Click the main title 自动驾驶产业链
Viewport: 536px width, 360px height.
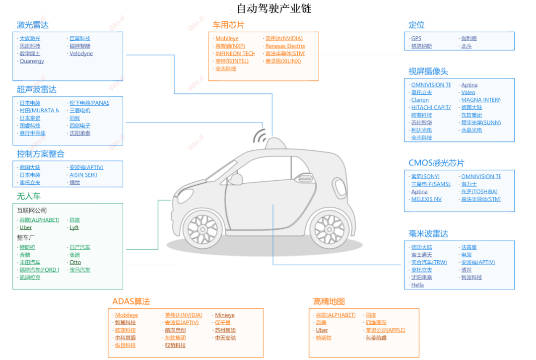pyautogui.click(x=274, y=8)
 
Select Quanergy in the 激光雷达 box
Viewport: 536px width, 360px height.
pyautogui.click(x=32, y=61)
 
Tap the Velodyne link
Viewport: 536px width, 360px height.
pyautogui.click(x=81, y=54)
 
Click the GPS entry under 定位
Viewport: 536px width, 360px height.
pyautogui.click(x=416, y=38)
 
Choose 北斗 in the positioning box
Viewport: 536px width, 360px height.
pyautogui.click(x=466, y=46)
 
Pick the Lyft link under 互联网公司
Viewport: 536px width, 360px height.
pyautogui.click(x=74, y=227)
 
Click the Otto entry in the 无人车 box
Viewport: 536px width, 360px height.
pyautogui.click(x=75, y=262)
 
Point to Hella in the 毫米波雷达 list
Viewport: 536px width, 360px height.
pyautogui.click(x=417, y=285)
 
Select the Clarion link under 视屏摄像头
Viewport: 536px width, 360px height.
pyautogui.click(x=420, y=100)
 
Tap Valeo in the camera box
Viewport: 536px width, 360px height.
pyautogui.click(x=468, y=92)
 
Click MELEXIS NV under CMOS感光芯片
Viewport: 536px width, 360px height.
pyautogui.click(x=426, y=199)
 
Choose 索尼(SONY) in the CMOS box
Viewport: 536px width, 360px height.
pyautogui.click(x=425, y=176)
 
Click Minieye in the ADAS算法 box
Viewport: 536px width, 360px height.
pyautogui.click(x=224, y=315)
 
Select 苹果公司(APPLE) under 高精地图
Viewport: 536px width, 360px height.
pyautogui.click(x=385, y=330)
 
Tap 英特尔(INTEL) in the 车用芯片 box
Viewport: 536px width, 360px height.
pyautogui.click(x=232, y=61)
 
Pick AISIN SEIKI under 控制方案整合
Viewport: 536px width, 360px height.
pyautogui.click(x=83, y=175)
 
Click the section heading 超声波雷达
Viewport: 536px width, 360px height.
pyautogui.click(x=37, y=89)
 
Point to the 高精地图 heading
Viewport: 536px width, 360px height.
pyautogui.click(x=329, y=301)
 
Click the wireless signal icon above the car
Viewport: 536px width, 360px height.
pyautogui.click(x=260, y=136)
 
